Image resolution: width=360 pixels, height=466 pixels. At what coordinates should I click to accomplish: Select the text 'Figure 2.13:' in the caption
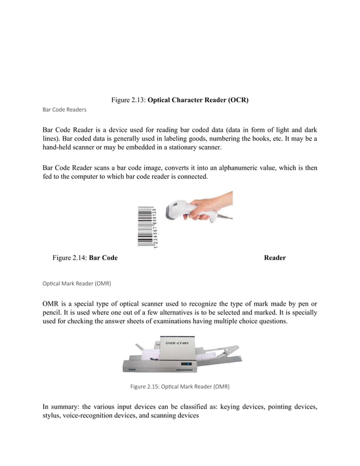(x=129, y=100)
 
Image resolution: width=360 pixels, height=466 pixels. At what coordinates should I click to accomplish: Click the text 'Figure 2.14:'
(x=70, y=258)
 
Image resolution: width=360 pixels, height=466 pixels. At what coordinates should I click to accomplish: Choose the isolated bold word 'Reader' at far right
(x=274, y=258)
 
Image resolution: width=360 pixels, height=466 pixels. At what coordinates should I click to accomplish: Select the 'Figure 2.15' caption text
(x=179, y=387)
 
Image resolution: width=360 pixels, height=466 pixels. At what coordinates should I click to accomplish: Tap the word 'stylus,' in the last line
(x=54, y=416)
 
